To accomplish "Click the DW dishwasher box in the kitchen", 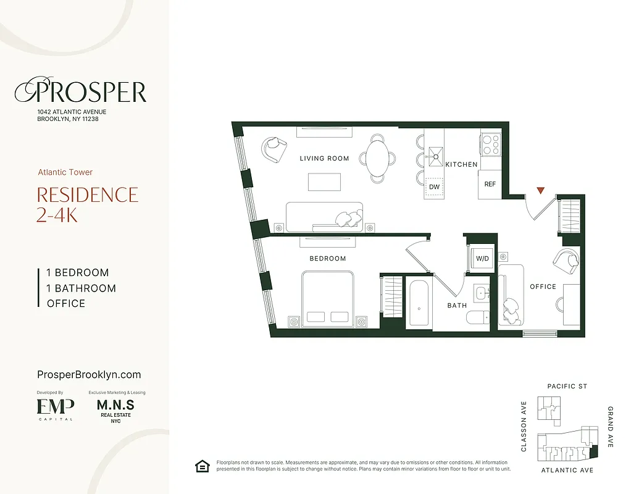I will coord(434,186).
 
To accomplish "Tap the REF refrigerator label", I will coord(490,184).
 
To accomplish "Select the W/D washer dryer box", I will coord(482,258).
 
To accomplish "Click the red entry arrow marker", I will coord(541,191).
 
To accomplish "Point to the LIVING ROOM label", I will coord(324,159).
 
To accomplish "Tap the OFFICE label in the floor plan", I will coord(543,287).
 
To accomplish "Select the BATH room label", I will coord(457,306).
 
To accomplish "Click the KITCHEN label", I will coord(461,164).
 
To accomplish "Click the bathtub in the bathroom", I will coord(419,303).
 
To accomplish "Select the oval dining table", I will coord(379,158).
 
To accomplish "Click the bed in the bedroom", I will coord(327,299).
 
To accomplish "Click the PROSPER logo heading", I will coord(81,93).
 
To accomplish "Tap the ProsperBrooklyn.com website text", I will coord(89,375).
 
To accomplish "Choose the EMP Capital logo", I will coord(55,408).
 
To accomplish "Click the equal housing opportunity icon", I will coord(202,466).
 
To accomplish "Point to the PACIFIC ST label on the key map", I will coord(567,387).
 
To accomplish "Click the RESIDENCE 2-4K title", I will coord(87,204).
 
